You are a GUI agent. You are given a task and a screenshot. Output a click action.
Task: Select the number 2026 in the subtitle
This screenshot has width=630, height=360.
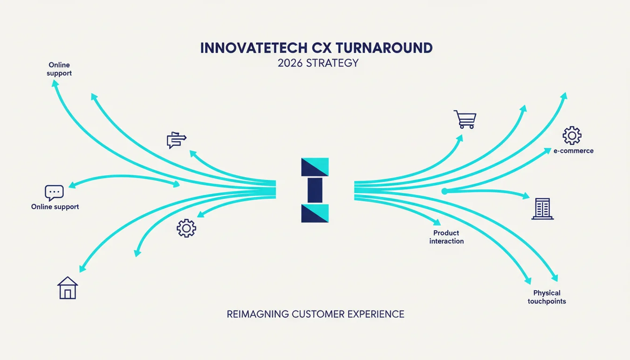click(x=290, y=63)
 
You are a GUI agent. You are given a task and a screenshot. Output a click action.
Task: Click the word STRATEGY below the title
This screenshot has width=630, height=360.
click(x=332, y=63)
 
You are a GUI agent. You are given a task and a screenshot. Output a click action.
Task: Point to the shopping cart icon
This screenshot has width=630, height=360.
click(x=465, y=119)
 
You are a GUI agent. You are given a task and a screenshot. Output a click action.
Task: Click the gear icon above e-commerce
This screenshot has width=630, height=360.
click(x=572, y=135)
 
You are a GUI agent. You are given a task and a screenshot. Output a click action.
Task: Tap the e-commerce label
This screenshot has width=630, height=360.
click(x=573, y=151)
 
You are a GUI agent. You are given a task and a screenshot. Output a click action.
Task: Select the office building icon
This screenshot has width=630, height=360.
click(x=542, y=209)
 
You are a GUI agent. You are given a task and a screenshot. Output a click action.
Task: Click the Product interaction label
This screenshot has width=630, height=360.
click(x=446, y=237)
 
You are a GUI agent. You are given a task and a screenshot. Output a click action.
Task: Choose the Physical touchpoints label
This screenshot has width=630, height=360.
click(x=547, y=297)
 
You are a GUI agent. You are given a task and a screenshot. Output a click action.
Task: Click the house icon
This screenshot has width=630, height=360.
click(x=67, y=288)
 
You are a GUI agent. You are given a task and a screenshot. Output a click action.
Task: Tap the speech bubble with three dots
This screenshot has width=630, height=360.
click(x=54, y=193)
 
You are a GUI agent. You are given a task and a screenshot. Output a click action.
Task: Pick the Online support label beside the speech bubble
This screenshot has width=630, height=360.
click(x=55, y=207)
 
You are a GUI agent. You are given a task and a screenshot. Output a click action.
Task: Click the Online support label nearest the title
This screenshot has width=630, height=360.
click(x=59, y=69)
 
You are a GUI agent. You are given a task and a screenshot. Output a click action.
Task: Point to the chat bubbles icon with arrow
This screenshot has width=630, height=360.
click(x=176, y=140)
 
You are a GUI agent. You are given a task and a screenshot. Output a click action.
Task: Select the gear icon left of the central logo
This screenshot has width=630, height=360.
click(x=187, y=228)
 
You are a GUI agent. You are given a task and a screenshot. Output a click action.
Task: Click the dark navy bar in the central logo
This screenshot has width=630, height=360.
click(x=315, y=190)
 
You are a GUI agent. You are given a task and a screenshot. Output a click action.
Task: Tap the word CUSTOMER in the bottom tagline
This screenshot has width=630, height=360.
click(x=318, y=314)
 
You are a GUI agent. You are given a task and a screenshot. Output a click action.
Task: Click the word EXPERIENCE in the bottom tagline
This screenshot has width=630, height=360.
click(x=376, y=314)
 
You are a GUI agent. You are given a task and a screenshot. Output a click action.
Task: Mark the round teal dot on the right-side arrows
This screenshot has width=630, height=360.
click(x=444, y=191)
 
